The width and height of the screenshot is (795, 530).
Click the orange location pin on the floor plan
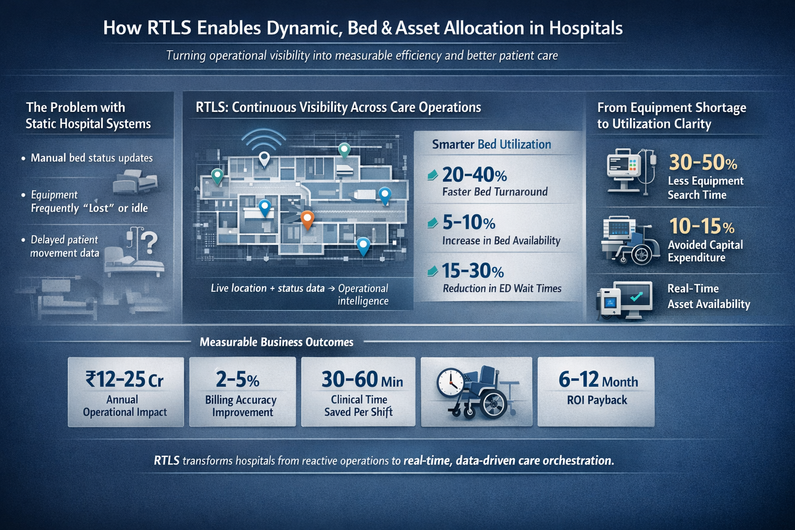point(307,219)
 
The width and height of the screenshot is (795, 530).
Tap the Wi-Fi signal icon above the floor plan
point(264,140)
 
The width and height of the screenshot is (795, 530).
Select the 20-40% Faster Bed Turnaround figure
point(474,175)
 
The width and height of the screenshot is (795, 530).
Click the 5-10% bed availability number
point(468,223)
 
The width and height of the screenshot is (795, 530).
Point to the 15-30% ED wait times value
point(473,271)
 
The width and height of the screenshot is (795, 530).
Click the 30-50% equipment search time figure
point(702,163)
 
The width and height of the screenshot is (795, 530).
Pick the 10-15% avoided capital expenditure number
point(701,226)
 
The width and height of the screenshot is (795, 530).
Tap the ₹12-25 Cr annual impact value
point(125,379)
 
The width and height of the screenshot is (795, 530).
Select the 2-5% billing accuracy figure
point(238,379)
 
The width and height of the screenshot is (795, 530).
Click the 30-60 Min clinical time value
point(362,379)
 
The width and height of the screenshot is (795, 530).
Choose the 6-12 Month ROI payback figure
point(598,380)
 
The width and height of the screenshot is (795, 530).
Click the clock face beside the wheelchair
point(450,382)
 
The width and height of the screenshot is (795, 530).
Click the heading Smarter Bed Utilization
point(491,144)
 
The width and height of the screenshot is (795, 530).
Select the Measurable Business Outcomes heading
point(276,342)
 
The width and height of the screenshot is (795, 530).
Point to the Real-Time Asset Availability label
point(708,296)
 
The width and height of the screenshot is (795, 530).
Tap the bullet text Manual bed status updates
point(92,158)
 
